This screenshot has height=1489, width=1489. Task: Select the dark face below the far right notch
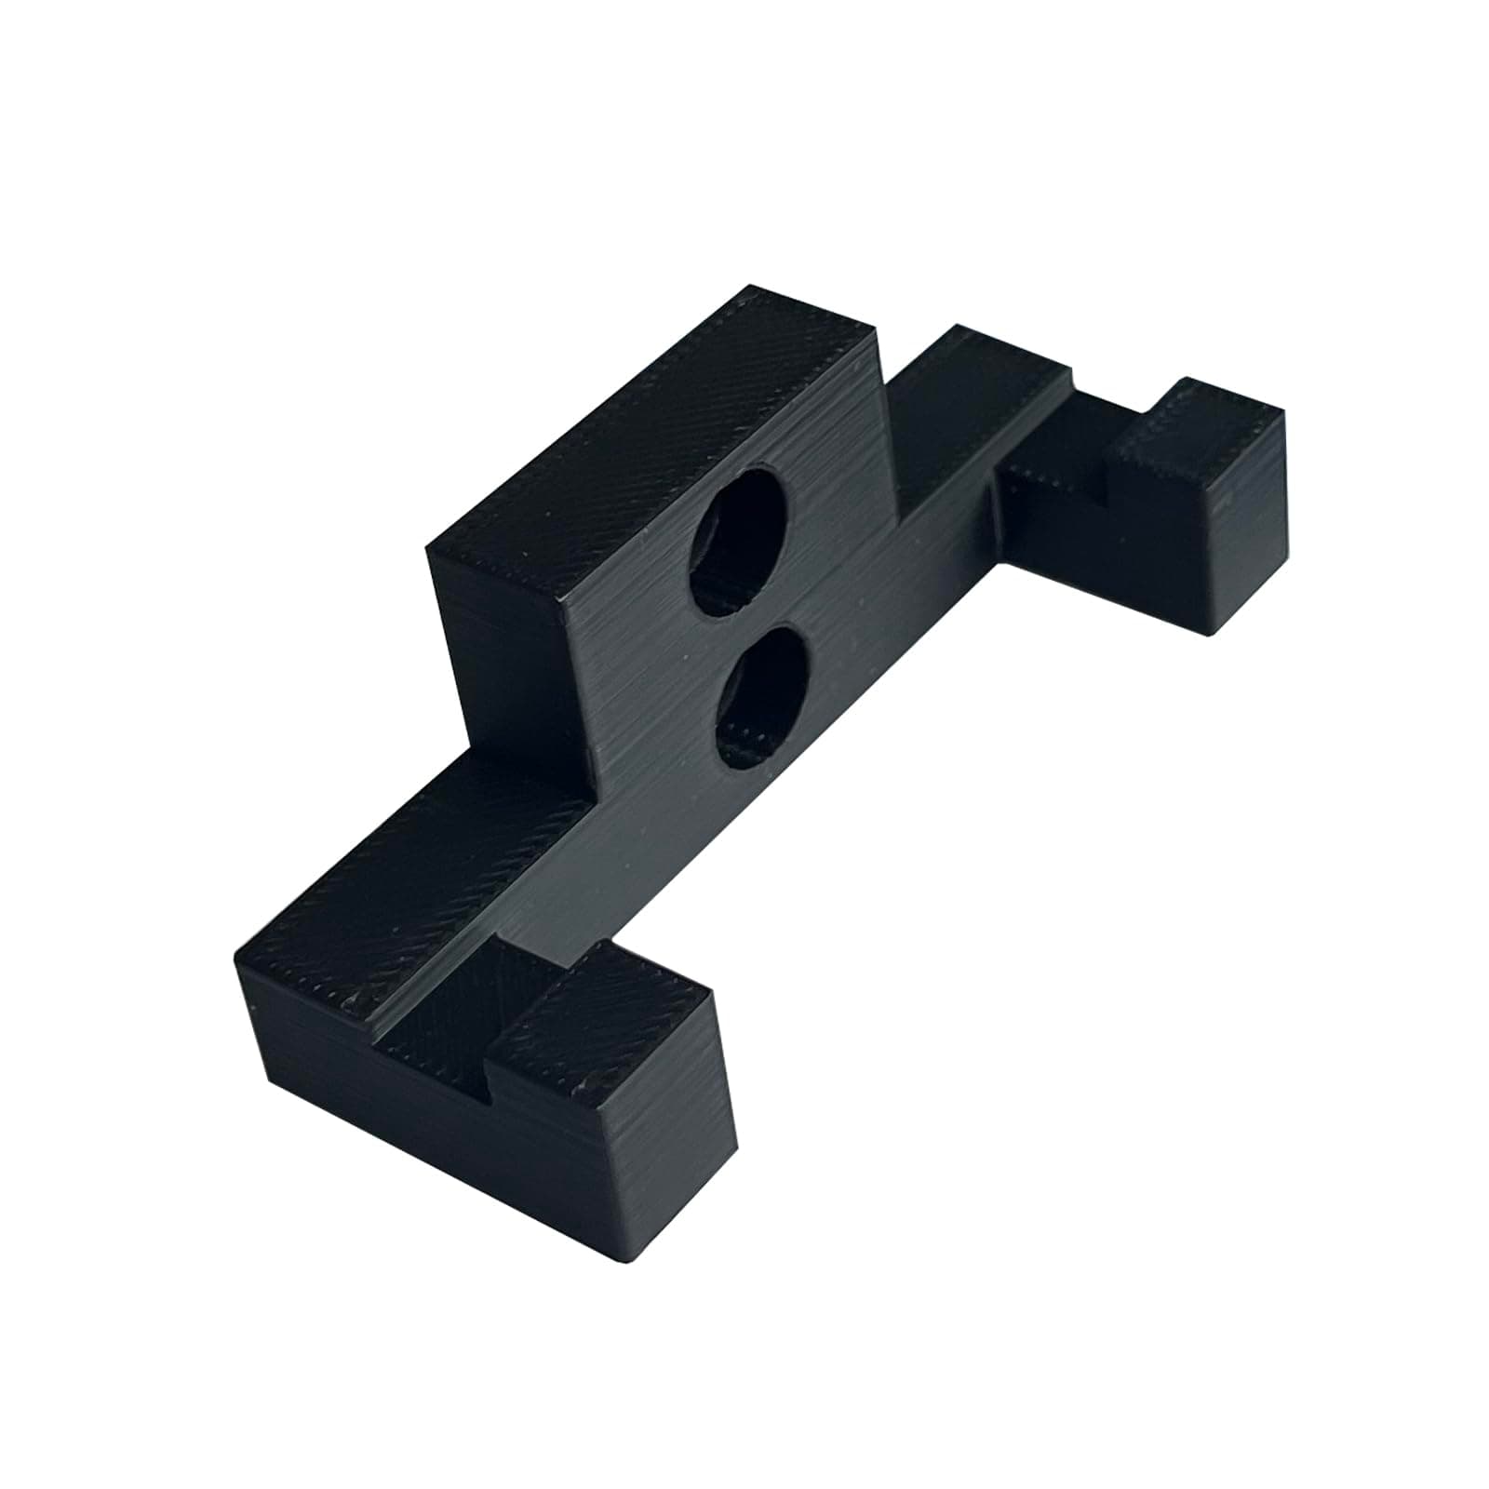click(x=1052, y=521)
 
